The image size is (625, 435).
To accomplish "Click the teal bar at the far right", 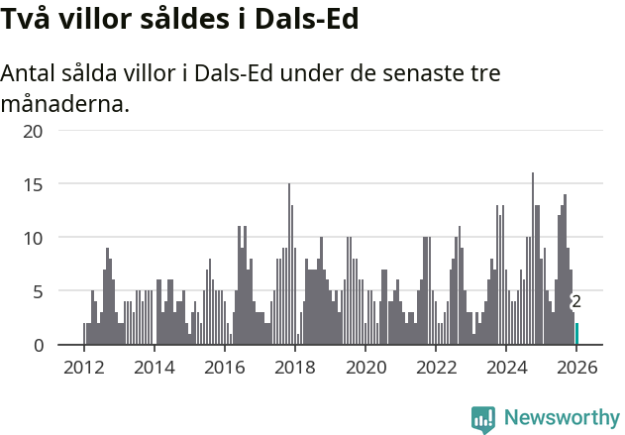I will pyautogui.click(x=577, y=334).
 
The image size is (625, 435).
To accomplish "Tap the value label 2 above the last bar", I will pyautogui.click(x=576, y=302).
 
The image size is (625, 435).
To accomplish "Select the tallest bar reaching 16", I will pyautogui.click(x=533, y=259).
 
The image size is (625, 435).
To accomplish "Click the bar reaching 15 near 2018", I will pyautogui.click(x=289, y=265).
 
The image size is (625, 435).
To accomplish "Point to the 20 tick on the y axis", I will pyautogui.click(x=33, y=131).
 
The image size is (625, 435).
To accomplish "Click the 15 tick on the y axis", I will pyautogui.click(x=33, y=184).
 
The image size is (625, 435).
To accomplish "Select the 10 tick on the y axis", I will pyautogui.click(x=33, y=238).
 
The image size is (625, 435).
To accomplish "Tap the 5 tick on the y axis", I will pyautogui.click(x=38, y=291).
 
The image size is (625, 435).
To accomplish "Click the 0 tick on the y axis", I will pyautogui.click(x=38, y=345).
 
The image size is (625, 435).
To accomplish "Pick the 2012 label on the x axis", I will pyautogui.click(x=83, y=367).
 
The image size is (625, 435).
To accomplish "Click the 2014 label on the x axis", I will pyautogui.click(x=154, y=367).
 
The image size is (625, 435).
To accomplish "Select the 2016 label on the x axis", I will pyautogui.click(x=224, y=367).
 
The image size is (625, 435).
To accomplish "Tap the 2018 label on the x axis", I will pyautogui.click(x=294, y=367).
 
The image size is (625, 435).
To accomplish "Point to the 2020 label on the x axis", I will pyautogui.click(x=365, y=367).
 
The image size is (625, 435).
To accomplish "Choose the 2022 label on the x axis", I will pyautogui.click(x=436, y=367).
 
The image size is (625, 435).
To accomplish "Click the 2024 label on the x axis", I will pyautogui.click(x=506, y=367).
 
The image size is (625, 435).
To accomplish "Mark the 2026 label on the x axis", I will pyautogui.click(x=576, y=367).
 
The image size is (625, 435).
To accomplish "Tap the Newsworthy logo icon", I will pyautogui.click(x=482, y=418).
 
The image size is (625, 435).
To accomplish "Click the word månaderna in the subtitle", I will pyautogui.click(x=65, y=103).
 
